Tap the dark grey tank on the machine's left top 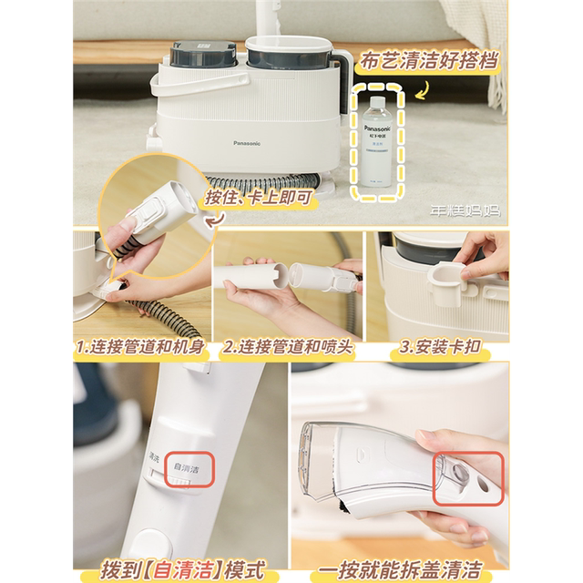tap(199, 55)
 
